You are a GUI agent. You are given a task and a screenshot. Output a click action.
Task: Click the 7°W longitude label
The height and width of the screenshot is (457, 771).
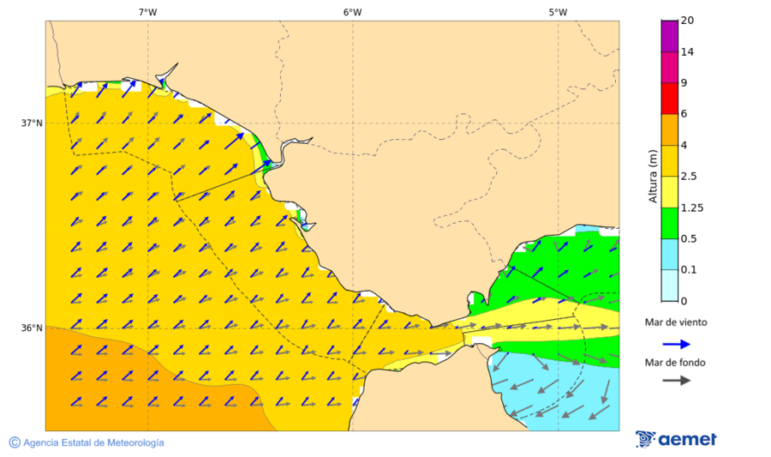(147, 12)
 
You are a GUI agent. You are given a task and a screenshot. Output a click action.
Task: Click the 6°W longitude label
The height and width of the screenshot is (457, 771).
(352, 12)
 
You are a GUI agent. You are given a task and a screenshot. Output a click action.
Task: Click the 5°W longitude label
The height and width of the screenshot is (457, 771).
(558, 12)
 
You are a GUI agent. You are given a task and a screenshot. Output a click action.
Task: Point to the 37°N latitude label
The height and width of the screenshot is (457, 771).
(32, 123)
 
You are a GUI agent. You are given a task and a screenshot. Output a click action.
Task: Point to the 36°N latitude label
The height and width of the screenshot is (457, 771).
(32, 328)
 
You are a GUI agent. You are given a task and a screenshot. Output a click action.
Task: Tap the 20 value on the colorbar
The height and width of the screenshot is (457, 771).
(687, 21)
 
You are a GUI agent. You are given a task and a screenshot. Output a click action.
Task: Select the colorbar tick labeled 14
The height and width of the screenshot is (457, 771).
(687, 51)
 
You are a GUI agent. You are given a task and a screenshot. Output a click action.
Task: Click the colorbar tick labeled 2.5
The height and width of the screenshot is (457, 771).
(689, 177)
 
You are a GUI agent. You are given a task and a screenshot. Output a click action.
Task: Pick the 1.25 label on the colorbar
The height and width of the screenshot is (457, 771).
(691, 207)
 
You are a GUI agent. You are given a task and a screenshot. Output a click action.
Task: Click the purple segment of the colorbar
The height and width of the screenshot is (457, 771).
(668, 36)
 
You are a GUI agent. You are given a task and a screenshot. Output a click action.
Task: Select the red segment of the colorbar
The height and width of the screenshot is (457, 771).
(668, 99)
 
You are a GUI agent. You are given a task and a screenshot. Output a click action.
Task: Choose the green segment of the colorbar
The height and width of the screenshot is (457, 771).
(668, 223)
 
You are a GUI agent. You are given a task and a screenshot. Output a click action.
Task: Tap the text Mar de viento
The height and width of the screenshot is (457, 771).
(676, 323)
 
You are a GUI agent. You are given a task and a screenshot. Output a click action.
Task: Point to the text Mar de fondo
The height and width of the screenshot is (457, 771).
(676, 363)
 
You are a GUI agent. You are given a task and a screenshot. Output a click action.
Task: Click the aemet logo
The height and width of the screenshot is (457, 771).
(676, 439)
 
